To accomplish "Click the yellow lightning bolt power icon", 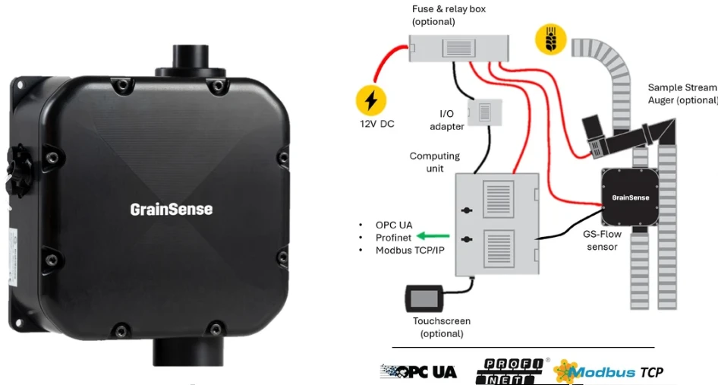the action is (x=371, y=100).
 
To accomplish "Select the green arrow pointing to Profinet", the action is (x=433, y=236).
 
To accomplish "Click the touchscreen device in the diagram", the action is (x=424, y=298).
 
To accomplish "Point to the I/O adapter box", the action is (x=485, y=112).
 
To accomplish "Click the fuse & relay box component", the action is (x=458, y=48).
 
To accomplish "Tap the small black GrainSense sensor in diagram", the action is (x=631, y=197).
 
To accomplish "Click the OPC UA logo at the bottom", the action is (x=418, y=371).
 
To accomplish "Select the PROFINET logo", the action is (x=509, y=371).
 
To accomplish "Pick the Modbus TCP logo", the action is (x=608, y=371).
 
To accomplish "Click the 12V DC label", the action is (x=377, y=124).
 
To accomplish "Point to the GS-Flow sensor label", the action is (x=602, y=240).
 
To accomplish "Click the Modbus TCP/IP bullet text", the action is (x=410, y=251).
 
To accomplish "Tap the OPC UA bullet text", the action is (x=394, y=225).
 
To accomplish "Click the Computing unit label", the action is (x=435, y=162).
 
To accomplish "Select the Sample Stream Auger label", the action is (x=682, y=93).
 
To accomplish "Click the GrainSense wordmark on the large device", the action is (x=172, y=210).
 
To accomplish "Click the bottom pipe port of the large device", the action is (x=188, y=352).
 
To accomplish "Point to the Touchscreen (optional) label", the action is (x=442, y=327).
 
